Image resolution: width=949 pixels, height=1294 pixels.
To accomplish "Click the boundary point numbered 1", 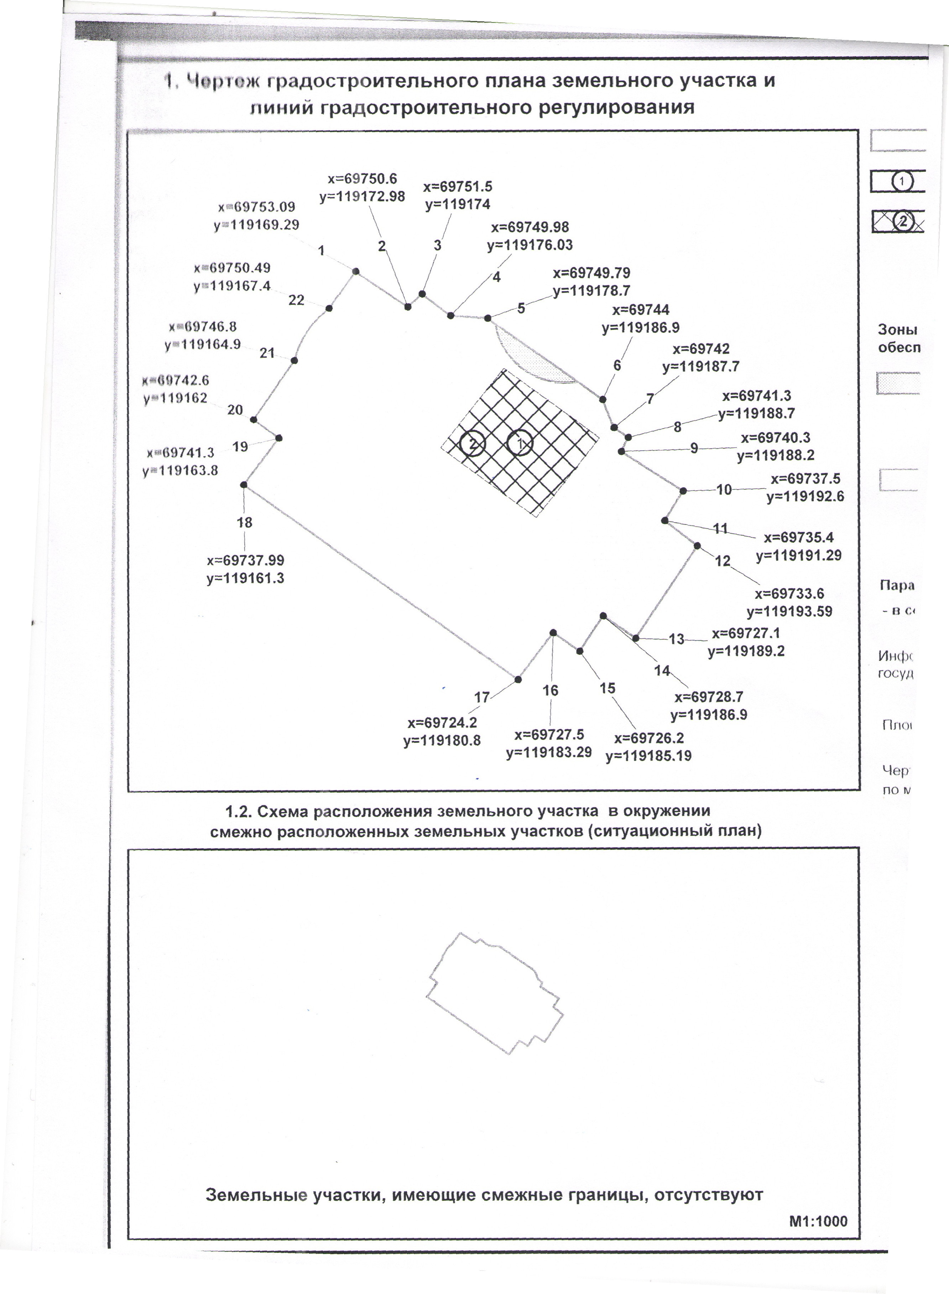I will [x=356, y=271].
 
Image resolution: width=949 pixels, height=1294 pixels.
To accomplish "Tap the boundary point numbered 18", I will [x=244, y=485].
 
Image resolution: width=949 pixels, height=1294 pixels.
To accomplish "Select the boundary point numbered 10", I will [x=683, y=491].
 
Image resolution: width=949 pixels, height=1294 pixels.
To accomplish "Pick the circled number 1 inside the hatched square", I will [x=521, y=443].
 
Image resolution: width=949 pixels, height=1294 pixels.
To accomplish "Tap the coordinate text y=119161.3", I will [x=245, y=578].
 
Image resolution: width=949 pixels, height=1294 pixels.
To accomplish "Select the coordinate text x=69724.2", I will [x=442, y=722].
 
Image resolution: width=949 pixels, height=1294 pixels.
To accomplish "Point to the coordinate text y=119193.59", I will [x=789, y=611].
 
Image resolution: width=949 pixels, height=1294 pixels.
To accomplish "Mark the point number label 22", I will [x=296, y=300].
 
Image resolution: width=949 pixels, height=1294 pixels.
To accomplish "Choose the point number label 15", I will [x=607, y=688].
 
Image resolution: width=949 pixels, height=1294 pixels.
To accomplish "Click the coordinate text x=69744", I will [x=641, y=310].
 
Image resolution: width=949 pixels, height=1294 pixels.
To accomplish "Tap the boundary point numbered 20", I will [x=253, y=419].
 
